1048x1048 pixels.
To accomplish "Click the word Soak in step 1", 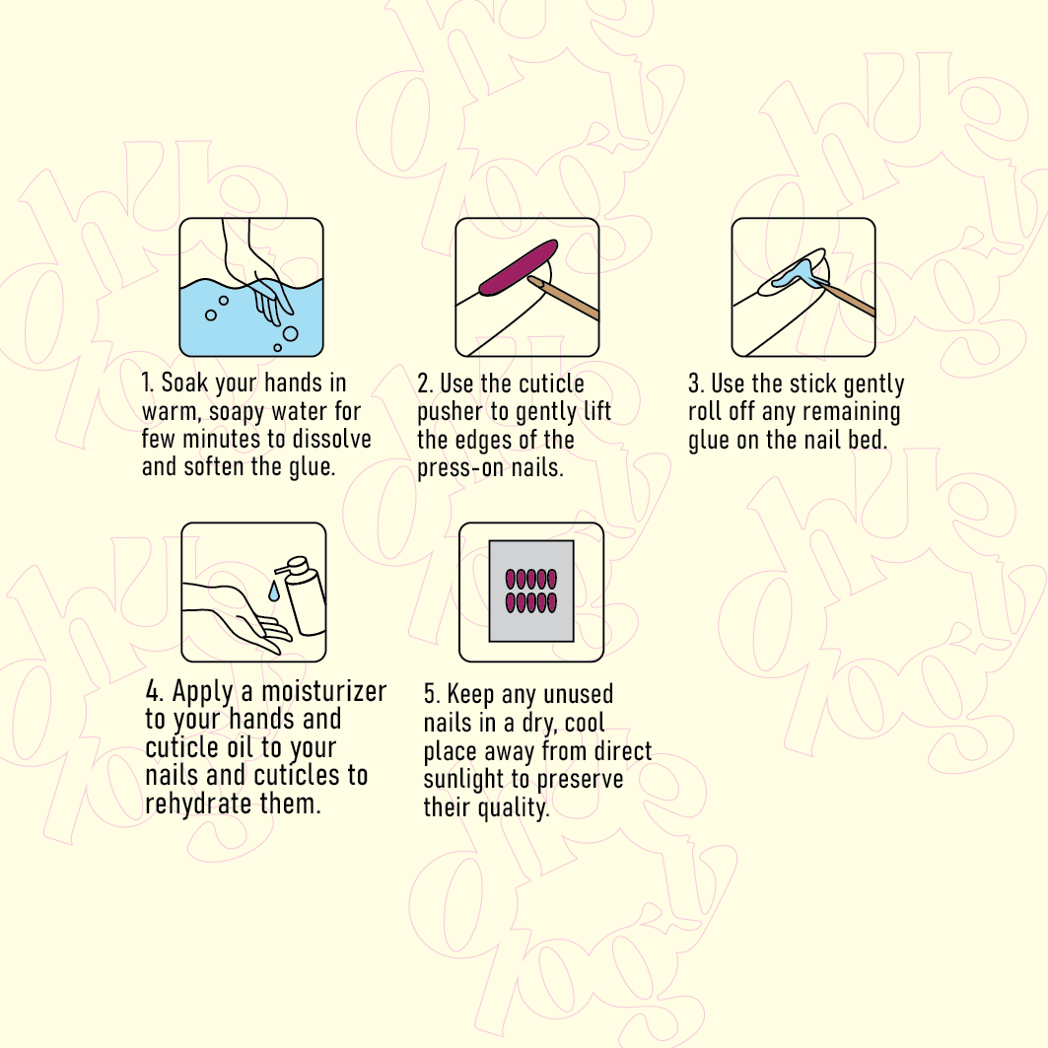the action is pyautogui.click(x=184, y=383).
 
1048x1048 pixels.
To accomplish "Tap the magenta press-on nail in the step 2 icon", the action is pyautogui.click(x=519, y=267).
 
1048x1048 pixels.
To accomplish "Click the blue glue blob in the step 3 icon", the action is pyautogui.click(x=797, y=274).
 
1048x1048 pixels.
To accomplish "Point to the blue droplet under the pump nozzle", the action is pyautogui.click(x=274, y=591).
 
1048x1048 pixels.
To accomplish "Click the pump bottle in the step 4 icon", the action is pyautogui.click(x=303, y=594).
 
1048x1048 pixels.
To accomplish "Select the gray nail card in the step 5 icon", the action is pyautogui.click(x=531, y=591).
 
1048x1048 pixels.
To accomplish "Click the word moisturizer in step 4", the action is pyautogui.click(x=324, y=692).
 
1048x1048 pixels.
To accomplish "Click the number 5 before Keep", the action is pyautogui.click(x=431, y=694).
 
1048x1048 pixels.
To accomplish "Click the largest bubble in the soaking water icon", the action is pyautogui.click(x=290, y=333).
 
